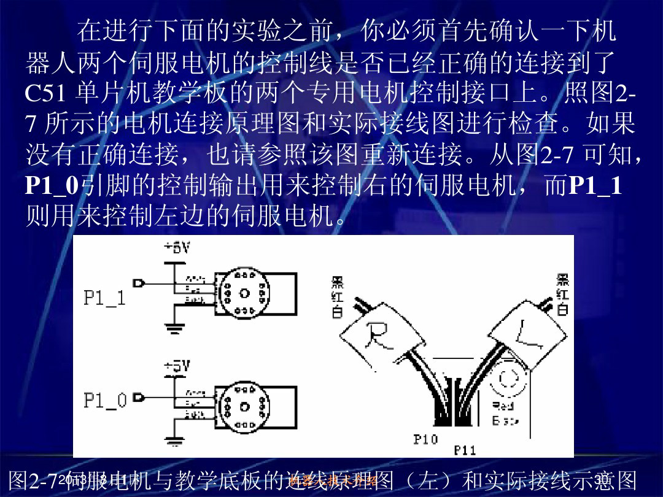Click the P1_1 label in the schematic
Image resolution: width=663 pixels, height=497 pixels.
point(104,298)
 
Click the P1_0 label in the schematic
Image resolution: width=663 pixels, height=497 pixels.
point(104,401)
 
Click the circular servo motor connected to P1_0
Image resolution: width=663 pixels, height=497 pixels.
point(244,407)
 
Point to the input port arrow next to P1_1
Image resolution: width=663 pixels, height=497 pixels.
point(139,283)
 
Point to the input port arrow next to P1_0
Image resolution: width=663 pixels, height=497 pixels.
point(139,398)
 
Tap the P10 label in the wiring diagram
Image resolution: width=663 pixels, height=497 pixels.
point(425,439)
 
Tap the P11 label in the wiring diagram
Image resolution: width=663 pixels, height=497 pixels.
point(465,450)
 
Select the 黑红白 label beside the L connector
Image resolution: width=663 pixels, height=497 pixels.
point(562,295)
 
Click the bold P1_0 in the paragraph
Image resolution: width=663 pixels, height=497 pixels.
point(52,186)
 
